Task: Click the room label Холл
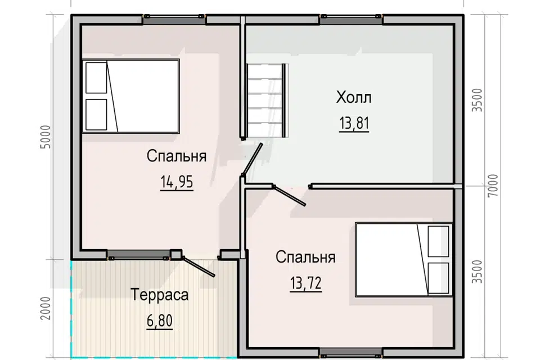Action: click(x=354, y=97)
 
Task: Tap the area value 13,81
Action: click(x=354, y=123)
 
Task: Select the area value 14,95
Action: click(x=177, y=182)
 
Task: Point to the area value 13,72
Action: click(x=306, y=283)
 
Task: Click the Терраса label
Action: click(x=159, y=295)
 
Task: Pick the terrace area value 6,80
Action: click(x=159, y=321)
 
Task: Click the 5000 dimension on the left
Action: click(x=46, y=137)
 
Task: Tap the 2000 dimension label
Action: click(x=46, y=308)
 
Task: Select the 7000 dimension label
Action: click(x=493, y=186)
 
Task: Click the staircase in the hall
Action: click(x=266, y=100)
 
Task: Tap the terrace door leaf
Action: click(x=199, y=267)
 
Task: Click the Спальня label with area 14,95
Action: click(x=176, y=156)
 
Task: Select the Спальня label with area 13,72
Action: click(x=305, y=257)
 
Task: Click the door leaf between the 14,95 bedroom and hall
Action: click(x=253, y=160)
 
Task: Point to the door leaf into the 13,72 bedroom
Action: click(x=289, y=196)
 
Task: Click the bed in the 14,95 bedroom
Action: click(x=130, y=96)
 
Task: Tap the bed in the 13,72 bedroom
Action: click(x=404, y=259)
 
